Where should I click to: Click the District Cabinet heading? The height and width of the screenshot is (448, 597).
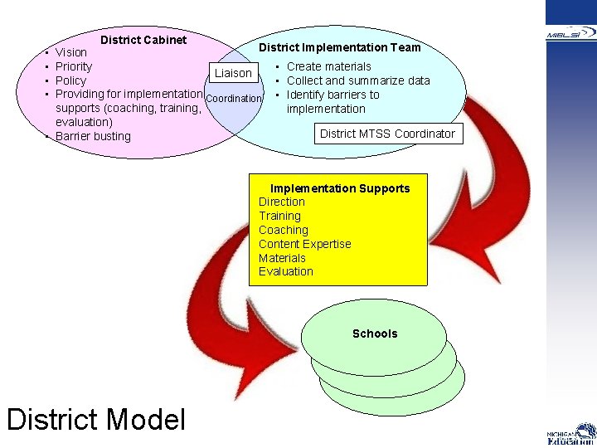pos(143,40)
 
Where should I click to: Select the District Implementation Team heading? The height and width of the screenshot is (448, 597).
pos(340,47)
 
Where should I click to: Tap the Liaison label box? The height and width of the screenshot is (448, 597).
pos(233,73)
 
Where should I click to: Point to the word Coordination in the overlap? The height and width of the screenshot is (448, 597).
pos(233,99)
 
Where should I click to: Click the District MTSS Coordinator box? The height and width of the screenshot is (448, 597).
pos(387,133)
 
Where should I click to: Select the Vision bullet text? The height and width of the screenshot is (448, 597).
pos(71,52)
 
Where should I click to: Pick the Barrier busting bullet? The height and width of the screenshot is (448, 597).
pos(93,136)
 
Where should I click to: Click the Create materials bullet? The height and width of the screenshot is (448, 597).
pos(329,66)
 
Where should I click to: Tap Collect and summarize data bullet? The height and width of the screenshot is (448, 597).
pos(358,80)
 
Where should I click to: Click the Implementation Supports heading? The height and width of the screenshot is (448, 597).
pos(340,188)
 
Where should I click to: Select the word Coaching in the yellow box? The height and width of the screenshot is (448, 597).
pos(283,230)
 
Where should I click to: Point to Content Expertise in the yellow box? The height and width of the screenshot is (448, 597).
pos(304,244)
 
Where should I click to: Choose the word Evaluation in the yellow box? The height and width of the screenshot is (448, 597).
pos(286,271)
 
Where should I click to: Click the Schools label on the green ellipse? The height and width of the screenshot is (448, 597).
pos(375,334)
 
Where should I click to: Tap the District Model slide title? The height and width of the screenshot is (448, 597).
pos(96,419)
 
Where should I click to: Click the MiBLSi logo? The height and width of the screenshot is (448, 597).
pos(571,33)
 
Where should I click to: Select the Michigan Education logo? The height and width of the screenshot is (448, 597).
pos(571,434)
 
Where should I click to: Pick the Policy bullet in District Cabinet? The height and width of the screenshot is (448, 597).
pos(70,80)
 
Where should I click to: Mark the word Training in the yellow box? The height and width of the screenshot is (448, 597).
pos(279,216)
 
